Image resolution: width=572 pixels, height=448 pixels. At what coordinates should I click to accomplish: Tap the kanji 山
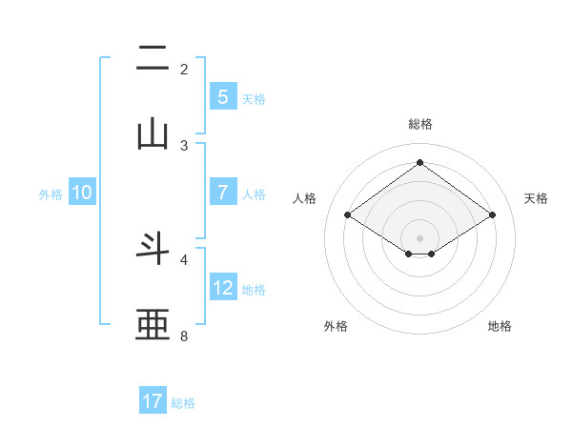point(153,134)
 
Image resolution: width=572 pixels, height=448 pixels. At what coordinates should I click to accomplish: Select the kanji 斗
point(153,249)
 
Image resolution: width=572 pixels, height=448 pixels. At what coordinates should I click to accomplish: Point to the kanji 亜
point(153,325)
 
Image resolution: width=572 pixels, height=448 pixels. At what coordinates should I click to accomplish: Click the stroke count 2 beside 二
point(184,70)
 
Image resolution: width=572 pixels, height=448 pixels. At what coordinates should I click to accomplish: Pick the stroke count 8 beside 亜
point(184,336)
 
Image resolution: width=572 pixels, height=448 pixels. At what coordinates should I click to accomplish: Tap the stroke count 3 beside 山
point(184,146)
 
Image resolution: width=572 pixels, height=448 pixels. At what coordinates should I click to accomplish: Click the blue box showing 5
point(222,96)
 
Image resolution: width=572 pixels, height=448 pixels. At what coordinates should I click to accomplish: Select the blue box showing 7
point(222,192)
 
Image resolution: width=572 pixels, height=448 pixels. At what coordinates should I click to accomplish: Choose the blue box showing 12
point(222,287)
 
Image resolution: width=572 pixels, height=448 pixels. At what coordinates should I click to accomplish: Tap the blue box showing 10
point(82,193)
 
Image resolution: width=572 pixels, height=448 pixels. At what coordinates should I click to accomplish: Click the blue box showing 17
point(153,401)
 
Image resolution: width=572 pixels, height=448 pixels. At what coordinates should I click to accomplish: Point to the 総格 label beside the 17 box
point(183,403)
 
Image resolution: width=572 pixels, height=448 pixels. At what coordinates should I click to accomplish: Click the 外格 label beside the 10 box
point(51,194)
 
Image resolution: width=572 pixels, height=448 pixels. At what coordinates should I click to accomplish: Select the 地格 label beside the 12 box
point(254,290)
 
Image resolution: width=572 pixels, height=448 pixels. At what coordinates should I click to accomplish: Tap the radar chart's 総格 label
point(420,125)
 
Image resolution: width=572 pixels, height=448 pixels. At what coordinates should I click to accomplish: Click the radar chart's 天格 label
point(536,198)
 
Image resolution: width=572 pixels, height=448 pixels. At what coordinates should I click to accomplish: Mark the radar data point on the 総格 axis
point(419,162)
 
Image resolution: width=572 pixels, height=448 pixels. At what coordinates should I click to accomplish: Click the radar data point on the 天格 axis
point(492,215)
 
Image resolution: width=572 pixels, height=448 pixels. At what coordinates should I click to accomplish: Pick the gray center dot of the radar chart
point(419,237)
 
